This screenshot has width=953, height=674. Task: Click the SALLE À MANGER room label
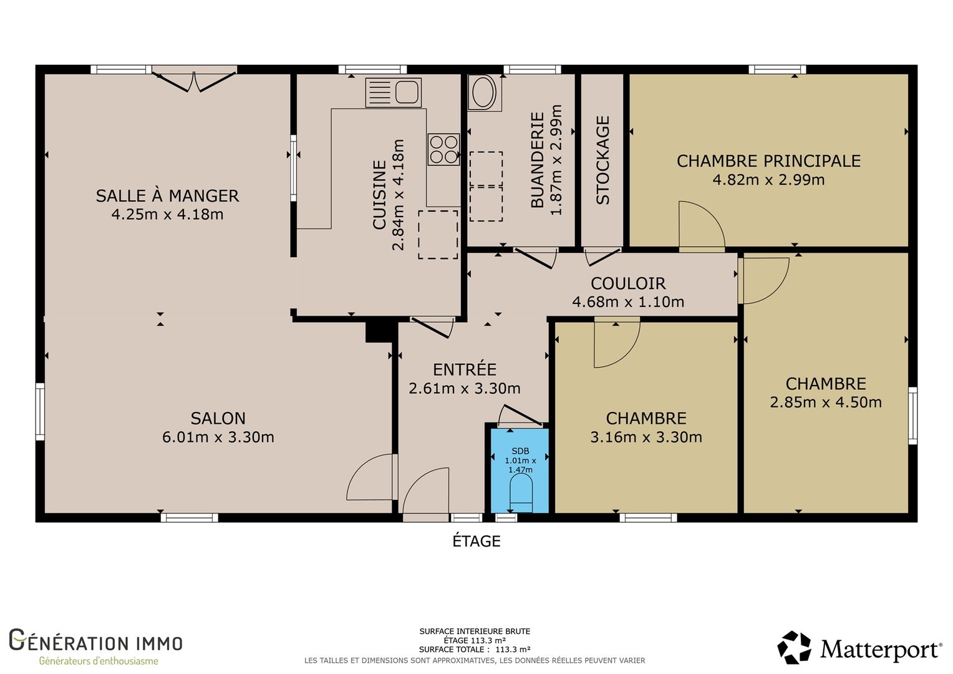point(167,196)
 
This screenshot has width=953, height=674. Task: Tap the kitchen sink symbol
point(393,92)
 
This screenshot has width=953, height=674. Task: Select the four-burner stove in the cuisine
point(443,149)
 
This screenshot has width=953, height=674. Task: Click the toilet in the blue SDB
point(521,493)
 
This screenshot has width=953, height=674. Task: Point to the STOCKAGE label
point(602,160)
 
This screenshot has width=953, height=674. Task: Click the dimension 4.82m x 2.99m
point(768,180)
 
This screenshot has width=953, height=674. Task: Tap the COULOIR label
point(628,283)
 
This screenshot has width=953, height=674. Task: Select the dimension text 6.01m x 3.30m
point(218,437)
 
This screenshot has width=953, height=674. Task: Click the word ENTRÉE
point(465,369)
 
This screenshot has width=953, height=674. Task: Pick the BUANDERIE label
point(538,160)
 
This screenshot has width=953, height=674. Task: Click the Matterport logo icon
point(794,648)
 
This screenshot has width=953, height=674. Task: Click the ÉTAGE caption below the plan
point(476,540)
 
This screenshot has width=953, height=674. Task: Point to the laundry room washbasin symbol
point(484,92)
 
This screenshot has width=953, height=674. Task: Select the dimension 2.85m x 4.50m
point(826,402)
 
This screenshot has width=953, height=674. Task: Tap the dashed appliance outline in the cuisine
point(438,235)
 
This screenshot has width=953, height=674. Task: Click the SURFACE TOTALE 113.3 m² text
point(475,649)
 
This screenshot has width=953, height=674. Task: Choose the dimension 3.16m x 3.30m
point(646,437)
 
